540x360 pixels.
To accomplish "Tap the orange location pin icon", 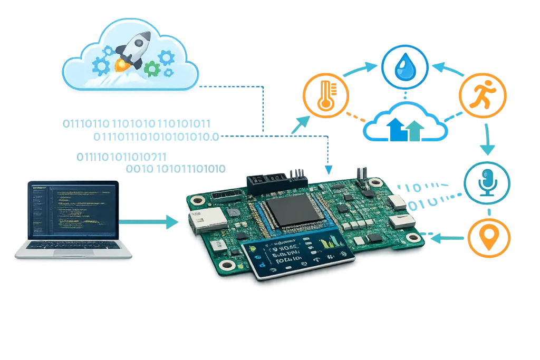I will pos(489,239).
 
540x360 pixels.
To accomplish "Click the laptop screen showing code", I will pos(74,209).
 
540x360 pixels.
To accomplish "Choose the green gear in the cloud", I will pos(152,67).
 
